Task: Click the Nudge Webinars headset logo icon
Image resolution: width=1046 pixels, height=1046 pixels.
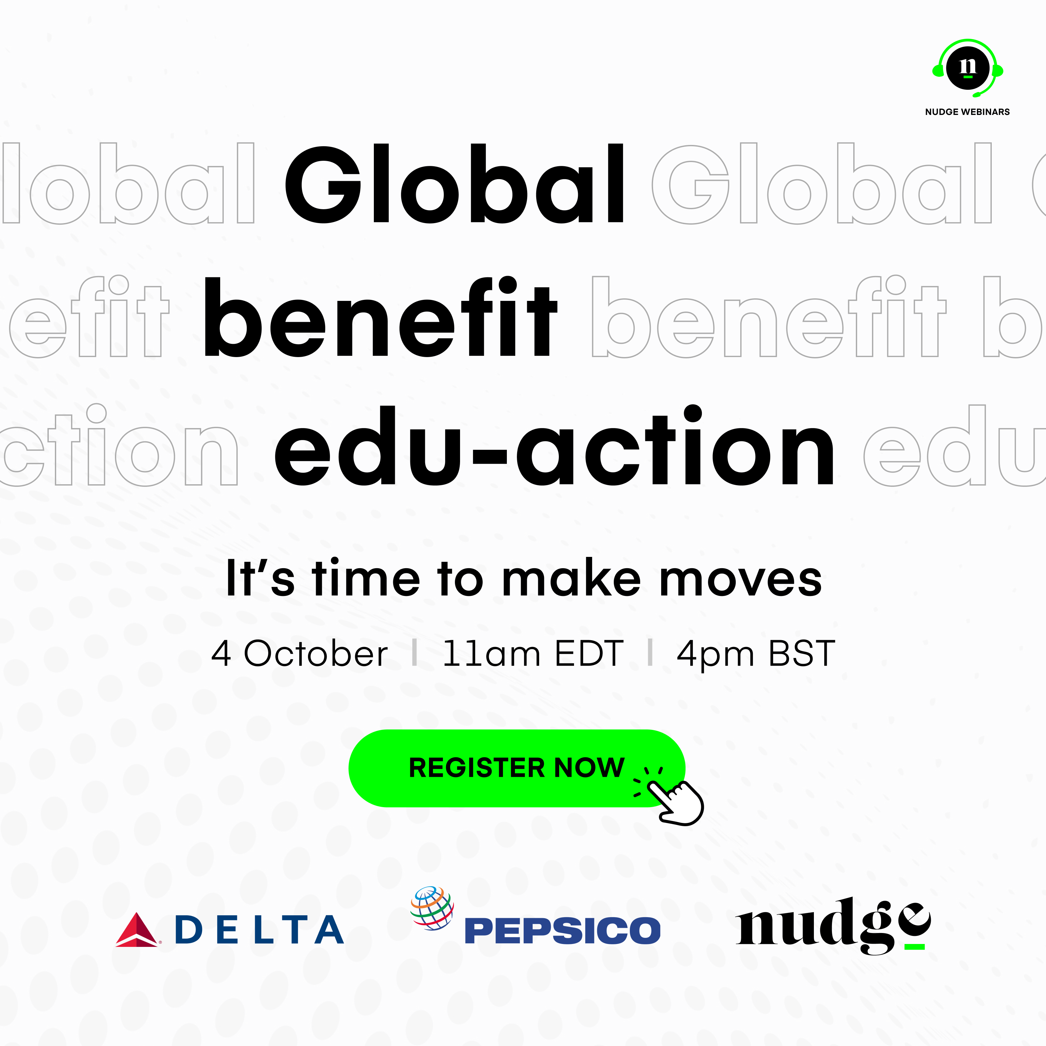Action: click(968, 68)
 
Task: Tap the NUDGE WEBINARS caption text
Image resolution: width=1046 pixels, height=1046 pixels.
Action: click(968, 111)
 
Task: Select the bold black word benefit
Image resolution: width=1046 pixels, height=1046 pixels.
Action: click(380, 317)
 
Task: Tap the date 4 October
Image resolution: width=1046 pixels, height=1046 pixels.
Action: click(299, 653)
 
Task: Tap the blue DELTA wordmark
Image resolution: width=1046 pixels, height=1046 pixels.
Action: click(259, 929)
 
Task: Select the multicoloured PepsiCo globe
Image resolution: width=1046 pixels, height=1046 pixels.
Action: click(432, 908)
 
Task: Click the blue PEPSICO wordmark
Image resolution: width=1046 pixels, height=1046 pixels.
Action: click(562, 931)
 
